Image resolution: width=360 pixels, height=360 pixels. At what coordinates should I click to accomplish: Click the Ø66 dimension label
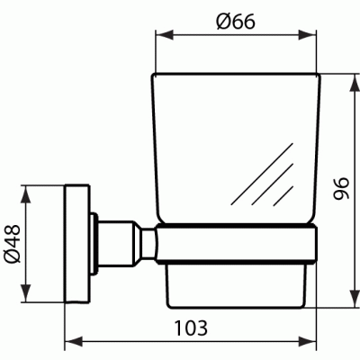point(236,22)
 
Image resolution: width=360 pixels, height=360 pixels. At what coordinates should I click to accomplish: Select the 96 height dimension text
point(341,188)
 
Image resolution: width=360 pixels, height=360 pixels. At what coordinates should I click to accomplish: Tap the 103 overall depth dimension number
point(191,328)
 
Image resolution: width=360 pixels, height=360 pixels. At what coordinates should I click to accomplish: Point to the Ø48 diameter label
point(13,244)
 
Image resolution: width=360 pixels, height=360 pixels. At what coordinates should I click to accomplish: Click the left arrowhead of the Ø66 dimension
point(165,34)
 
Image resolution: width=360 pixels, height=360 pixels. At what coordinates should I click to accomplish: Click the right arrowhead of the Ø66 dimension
point(307,34)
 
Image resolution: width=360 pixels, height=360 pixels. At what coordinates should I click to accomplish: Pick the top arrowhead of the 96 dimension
point(355,83)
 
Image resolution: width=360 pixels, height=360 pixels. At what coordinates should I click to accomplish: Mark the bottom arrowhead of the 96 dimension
point(355,298)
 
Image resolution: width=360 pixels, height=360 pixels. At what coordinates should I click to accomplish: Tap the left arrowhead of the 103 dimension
point(74,341)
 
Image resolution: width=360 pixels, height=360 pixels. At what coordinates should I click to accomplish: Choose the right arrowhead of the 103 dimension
point(307,341)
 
